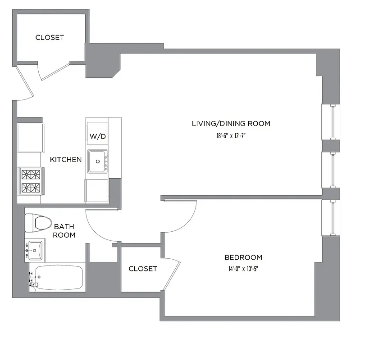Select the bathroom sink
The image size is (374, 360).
[x=35, y=249]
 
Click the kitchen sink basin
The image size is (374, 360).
[x=97, y=161]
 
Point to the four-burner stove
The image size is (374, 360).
[x=31, y=180]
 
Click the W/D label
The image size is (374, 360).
[x=98, y=136]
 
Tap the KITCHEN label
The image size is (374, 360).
[x=66, y=160]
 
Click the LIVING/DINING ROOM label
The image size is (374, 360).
[x=231, y=124]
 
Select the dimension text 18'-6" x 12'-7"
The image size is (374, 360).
[x=231, y=135]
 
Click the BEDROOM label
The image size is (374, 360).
[x=243, y=258]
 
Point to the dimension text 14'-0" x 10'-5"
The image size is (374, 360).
[x=243, y=269]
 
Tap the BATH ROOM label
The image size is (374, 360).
[x=64, y=231]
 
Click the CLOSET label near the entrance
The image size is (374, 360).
[x=50, y=38]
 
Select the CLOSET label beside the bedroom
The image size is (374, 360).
[x=143, y=269]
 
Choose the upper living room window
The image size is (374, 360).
[x=332, y=121]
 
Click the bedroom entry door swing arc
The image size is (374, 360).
[x=187, y=216]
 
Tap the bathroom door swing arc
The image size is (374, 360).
[x=97, y=229]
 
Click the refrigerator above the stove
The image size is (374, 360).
[x=31, y=138]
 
